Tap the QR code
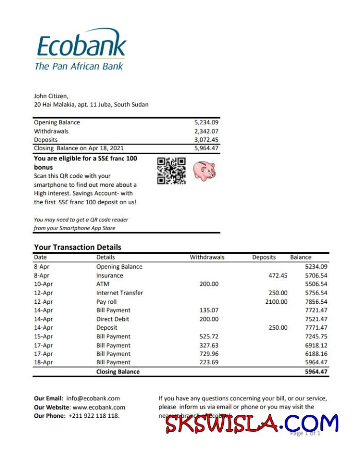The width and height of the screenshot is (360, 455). coord(171,171)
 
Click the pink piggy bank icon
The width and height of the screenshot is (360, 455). coord(204,170)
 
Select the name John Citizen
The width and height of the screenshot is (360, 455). coord(51,96)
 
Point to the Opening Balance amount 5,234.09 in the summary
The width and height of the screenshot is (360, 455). coord(206,122)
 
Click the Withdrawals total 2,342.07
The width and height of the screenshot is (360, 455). coord(206,131)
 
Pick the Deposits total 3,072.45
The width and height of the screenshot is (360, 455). coord(206,140)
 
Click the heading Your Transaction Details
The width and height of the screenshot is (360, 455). coord(77,247)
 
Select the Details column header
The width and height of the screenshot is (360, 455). coord(105,257)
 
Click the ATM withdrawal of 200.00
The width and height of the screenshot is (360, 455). coord(209,284)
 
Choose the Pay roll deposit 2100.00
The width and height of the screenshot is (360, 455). coord(276,302)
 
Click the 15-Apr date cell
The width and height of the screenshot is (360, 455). coord(43,336)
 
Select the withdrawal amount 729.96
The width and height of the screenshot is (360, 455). coord(209,354)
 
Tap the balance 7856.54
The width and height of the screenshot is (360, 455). coord(316,302)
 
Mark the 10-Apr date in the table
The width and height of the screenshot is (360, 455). coord(43,284)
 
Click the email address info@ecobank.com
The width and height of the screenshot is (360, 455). coord(93,398)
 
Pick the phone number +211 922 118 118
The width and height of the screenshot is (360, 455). coord(93,416)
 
